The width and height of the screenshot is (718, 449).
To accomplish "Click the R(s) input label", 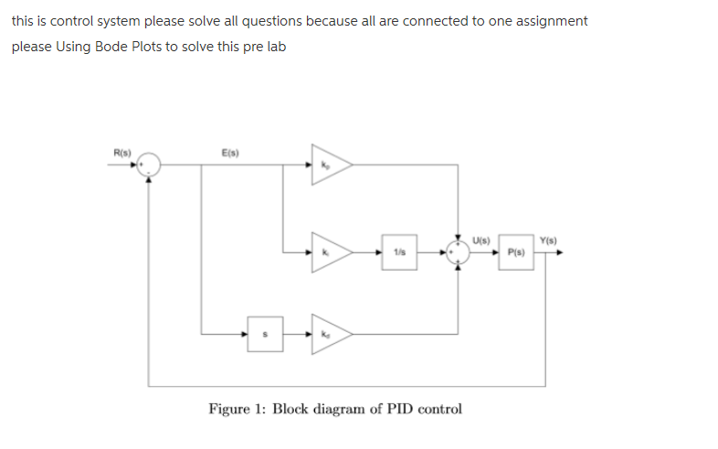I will coord(121,151).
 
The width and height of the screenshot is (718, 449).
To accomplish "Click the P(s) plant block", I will coord(515,251).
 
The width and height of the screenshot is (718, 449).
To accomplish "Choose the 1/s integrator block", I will coord(399,251).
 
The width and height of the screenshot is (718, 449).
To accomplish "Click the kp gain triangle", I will coord(328,166).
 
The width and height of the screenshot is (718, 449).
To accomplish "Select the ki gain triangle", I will coord(328,251).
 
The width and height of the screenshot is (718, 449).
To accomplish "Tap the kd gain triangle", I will coord(328,335).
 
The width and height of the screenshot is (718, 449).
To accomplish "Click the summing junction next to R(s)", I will coord(151,166).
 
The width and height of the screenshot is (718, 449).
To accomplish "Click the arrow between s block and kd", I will coord(294,335).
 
